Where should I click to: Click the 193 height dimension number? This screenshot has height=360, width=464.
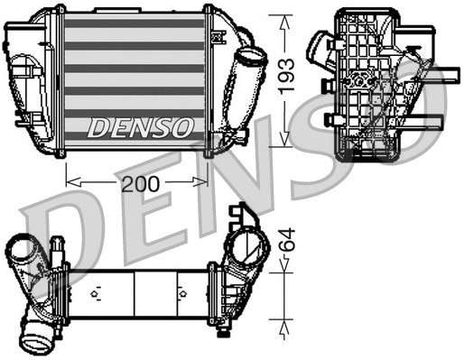[x=286, y=78]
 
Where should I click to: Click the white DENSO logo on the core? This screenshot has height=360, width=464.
[x=140, y=127]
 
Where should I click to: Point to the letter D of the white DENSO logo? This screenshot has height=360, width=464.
[x=97, y=127]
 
